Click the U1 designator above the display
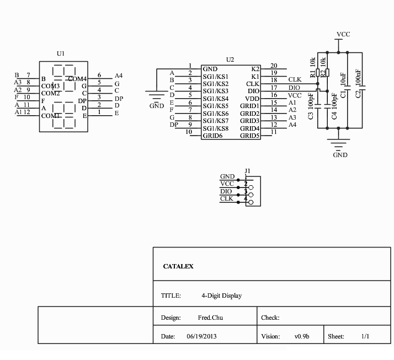(x=61, y=53)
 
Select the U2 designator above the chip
(x=230, y=59)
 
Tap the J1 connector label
(x=247, y=170)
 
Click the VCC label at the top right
(x=343, y=34)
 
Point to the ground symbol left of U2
(x=157, y=96)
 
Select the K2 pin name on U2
(x=254, y=68)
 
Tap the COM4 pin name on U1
(x=77, y=79)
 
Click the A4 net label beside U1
(x=118, y=76)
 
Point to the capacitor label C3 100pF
(x=311, y=109)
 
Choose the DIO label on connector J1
(x=227, y=191)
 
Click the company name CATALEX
(x=178, y=266)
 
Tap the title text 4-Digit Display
(x=221, y=296)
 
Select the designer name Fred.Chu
(x=210, y=318)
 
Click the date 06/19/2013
(x=203, y=336)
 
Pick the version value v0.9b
(x=302, y=336)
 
